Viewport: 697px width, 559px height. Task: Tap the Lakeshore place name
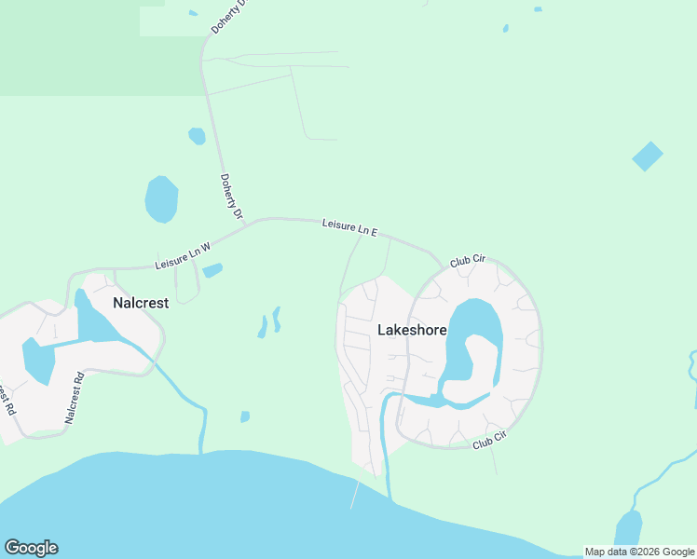click(412, 330)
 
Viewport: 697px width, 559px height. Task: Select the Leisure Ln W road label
click(184, 256)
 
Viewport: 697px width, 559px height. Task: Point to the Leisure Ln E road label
click(349, 226)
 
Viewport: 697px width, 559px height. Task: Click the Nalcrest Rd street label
click(75, 398)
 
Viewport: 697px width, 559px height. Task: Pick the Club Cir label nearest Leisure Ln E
click(468, 262)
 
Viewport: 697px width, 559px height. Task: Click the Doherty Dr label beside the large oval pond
click(231, 198)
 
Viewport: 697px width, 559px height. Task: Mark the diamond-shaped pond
click(648, 156)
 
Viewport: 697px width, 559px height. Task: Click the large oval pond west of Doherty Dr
click(161, 198)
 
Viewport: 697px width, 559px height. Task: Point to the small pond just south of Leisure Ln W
click(212, 271)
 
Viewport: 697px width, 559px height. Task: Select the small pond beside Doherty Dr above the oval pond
click(197, 136)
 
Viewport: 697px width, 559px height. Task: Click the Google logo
click(31, 548)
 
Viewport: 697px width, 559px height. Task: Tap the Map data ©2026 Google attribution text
click(639, 552)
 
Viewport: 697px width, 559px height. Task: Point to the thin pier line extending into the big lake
click(354, 496)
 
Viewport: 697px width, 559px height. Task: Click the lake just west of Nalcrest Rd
click(38, 361)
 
